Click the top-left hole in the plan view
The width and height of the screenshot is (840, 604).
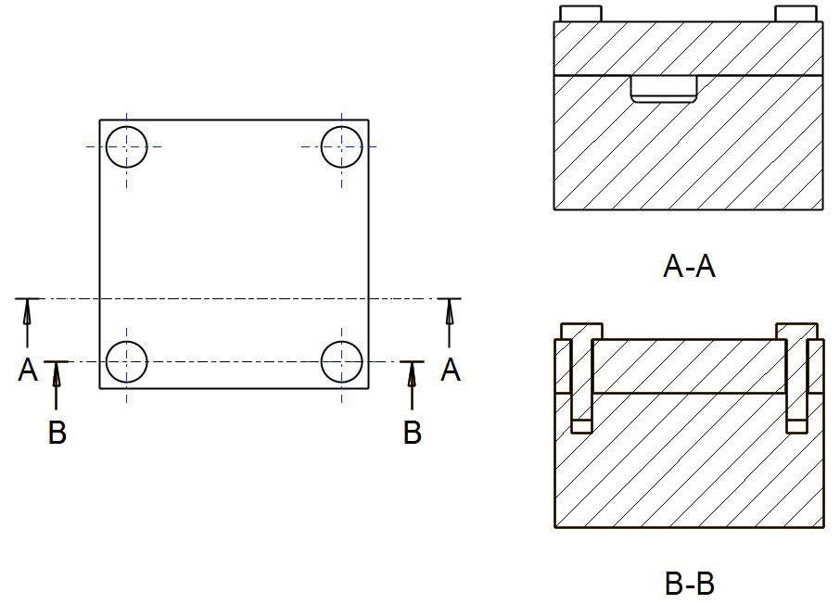pos(126,146)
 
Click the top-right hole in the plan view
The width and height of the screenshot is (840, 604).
pos(341,146)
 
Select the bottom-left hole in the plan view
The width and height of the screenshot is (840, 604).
pos(126,361)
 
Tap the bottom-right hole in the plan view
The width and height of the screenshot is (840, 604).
pos(341,361)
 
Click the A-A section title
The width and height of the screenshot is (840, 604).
pos(690,268)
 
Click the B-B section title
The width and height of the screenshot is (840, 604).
pos(690,585)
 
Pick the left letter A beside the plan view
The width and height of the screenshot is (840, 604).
pos(28,371)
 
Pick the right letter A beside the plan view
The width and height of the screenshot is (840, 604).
pos(451,371)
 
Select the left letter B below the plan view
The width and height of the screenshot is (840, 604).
pos(57,433)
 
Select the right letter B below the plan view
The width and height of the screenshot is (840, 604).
pos(413,433)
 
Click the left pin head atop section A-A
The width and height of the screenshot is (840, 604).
pos(580,14)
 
